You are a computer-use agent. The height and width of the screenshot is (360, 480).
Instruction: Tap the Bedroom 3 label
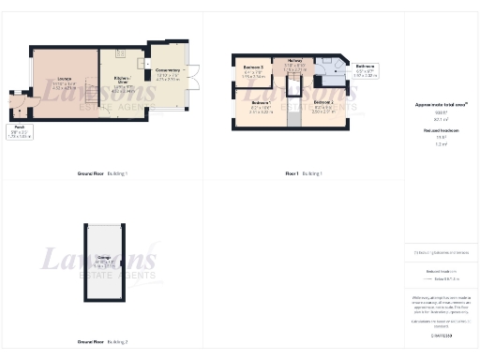[253, 70]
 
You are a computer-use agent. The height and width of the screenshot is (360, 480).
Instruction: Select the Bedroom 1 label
[262, 104]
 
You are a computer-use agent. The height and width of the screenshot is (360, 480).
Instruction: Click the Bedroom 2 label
[323, 104]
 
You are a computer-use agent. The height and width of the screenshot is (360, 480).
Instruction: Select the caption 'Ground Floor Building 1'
[103, 174]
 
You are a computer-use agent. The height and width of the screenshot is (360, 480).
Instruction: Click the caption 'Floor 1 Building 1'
[304, 174]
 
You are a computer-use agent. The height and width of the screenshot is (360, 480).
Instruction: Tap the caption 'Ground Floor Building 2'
[103, 343]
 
